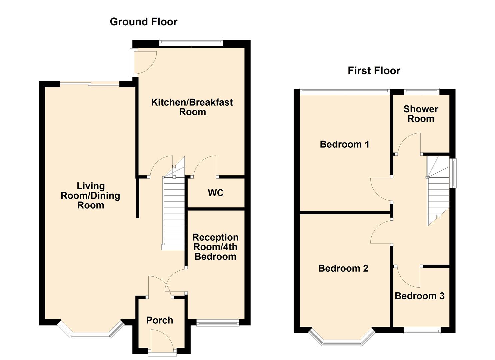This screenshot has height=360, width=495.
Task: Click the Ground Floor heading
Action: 143,22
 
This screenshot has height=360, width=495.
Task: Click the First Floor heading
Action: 374,71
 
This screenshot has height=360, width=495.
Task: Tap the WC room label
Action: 215,193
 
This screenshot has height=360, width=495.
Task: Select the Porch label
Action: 160,320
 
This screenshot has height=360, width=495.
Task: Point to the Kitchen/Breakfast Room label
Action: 192,107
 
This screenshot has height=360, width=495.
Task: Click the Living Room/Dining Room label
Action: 90,196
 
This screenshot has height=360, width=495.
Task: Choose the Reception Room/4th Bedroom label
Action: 215,247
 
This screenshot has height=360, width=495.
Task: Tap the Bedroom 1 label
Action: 344,144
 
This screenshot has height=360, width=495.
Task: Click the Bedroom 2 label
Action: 343,268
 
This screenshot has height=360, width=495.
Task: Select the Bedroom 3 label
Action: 419,296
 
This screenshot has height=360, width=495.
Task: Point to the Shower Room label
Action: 421,114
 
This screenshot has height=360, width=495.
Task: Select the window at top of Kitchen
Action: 191,42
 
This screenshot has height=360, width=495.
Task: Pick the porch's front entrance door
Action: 162,342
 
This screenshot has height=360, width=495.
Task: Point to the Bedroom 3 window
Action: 422,331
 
